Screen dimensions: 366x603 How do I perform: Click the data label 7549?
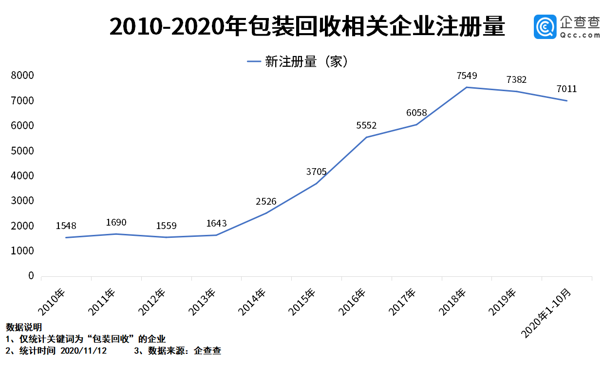pyautogui.click(x=467, y=76)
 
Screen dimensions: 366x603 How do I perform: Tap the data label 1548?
pyautogui.click(x=66, y=226)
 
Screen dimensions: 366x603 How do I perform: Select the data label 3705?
pyautogui.click(x=316, y=172)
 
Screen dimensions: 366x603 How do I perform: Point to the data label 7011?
pyautogui.click(x=566, y=89)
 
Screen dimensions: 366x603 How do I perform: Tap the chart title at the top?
pyautogui.click(x=307, y=27)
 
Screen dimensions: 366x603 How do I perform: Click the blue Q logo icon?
pyautogui.click(x=545, y=27)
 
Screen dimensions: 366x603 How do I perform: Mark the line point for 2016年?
pyautogui.click(x=366, y=137)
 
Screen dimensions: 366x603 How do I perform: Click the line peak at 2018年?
pyautogui.click(x=467, y=87)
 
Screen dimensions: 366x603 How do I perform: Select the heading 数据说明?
pyautogui.click(x=23, y=327)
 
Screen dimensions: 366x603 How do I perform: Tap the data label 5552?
pyautogui.click(x=366, y=125)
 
